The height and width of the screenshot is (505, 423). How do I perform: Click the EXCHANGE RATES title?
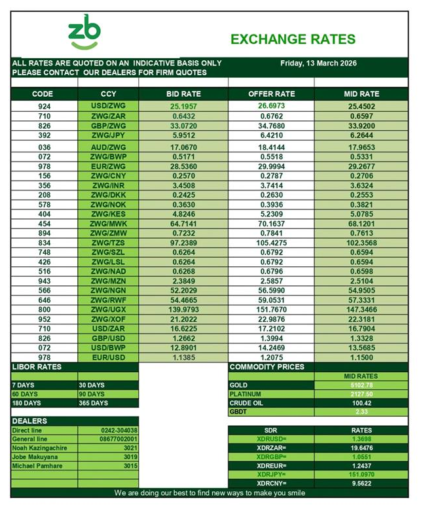(293, 39)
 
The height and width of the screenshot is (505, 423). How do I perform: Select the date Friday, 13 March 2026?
(318, 63)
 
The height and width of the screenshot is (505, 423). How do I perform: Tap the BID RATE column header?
(183, 94)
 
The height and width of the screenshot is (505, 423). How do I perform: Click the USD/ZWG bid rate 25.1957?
(183, 105)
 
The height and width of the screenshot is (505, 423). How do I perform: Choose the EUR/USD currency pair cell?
(108, 358)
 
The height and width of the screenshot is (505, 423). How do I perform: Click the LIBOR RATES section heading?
(37, 367)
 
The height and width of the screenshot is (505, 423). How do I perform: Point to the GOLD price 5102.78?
(361, 385)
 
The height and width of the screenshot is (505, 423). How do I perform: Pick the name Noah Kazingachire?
(40, 448)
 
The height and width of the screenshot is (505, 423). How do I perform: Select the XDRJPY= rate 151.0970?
(361, 474)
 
